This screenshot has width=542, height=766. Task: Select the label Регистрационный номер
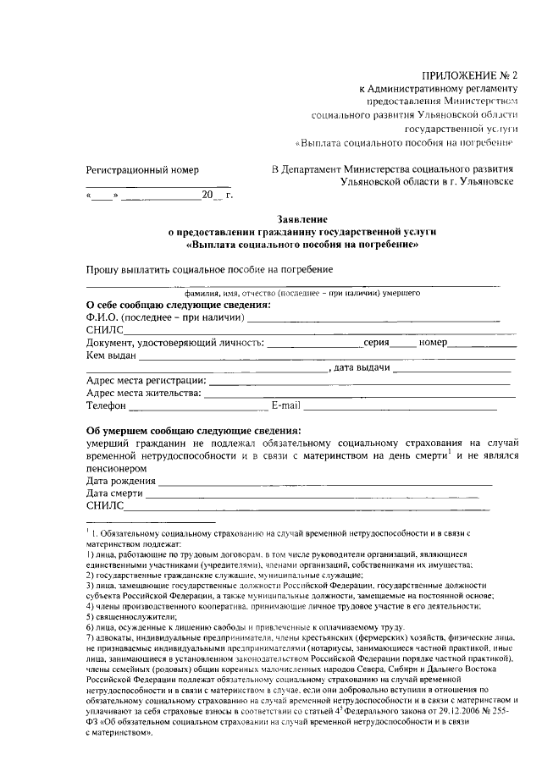142,169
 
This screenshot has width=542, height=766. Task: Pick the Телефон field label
107,405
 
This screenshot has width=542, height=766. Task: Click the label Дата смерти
116,493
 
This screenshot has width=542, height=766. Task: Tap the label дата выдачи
362,368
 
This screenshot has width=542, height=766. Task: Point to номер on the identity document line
432,343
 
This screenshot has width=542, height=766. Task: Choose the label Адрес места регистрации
147,381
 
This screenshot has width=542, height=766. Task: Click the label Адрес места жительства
144,393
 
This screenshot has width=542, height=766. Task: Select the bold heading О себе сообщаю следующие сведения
179,305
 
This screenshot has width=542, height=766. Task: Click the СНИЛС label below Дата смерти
105,506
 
